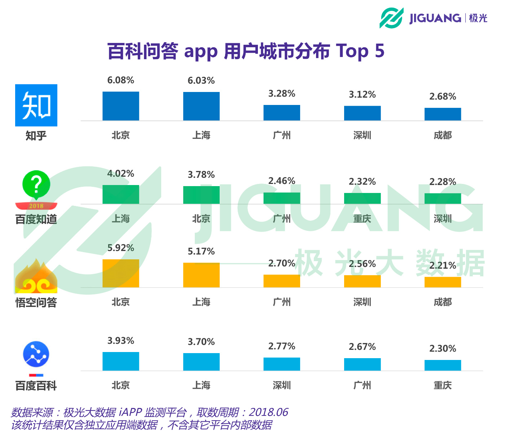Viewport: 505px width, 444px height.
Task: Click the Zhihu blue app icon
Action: (36, 105)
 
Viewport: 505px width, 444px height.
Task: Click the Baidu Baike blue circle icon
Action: (36, 354)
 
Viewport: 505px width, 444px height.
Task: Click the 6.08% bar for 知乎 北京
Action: (120, 106)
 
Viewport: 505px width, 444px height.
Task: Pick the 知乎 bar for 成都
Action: (443, 114)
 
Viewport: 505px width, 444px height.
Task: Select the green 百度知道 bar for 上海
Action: (120, 194)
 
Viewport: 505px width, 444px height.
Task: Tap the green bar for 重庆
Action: (362, 198)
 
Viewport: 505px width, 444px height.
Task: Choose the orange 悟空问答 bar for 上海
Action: (201, 275)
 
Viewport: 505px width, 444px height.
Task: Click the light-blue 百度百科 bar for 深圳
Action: (282, 364)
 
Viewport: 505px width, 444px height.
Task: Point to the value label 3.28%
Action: (282, 94)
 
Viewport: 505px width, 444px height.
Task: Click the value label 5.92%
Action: (120, 248)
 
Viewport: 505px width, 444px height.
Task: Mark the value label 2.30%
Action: (443, 349)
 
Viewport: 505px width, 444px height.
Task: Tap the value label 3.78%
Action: (201, 175)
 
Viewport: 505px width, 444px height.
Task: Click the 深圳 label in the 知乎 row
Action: (362, 136)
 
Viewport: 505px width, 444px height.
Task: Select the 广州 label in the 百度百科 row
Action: (362, 386)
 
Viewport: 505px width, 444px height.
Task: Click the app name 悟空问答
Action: (36, 303)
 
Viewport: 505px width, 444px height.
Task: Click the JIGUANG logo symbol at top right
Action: (391, 18)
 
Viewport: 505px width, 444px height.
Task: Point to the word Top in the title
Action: (352, 51)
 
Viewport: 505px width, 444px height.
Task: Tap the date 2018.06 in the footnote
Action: (268, 412)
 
